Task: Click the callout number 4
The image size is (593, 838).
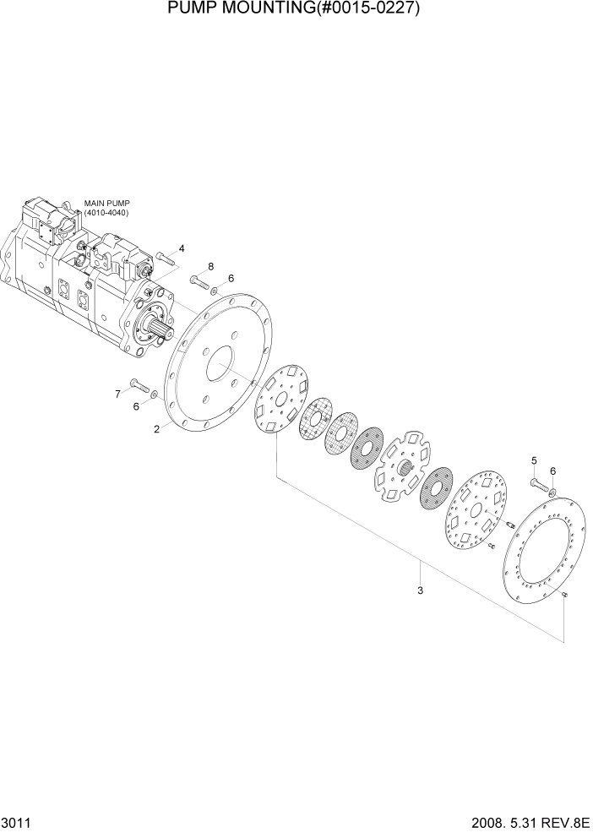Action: click(181, 248)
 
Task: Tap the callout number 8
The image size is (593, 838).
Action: click(211, 266)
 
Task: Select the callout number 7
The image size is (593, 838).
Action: click(118, 393)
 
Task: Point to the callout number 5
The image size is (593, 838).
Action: click(533, 460)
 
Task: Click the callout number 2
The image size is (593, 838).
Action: click(157, 429)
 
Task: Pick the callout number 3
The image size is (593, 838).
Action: click(420, 590)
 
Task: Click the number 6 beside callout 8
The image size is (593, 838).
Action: click(231, 279)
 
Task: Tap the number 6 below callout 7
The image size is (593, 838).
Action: click(136, 407)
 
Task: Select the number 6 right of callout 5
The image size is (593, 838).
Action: click(552, 471)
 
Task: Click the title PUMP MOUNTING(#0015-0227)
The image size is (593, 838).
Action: click(296, 10)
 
